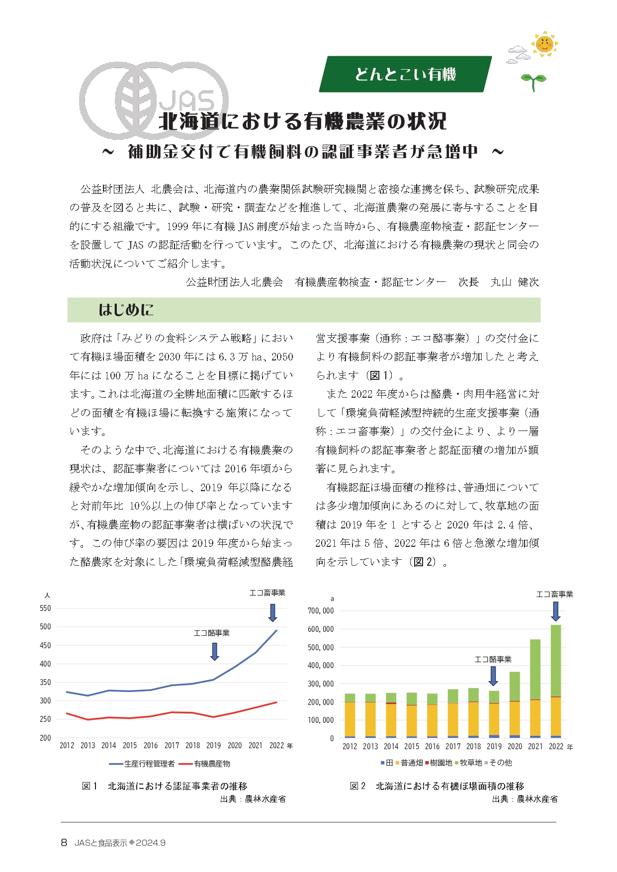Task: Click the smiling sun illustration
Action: coord(544,44)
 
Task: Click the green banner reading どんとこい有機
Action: coord(405,74)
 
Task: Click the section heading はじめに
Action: coord(126,310)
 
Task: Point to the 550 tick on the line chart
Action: coord(45,608)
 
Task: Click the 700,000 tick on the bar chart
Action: coord(321,610)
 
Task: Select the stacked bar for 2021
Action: coord(535,689)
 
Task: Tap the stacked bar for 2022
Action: coord(556,681)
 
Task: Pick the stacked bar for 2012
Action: coord(350,716)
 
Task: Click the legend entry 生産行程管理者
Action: coord(143,764)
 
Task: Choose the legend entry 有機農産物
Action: coord(206,764)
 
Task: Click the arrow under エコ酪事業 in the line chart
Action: coord(214,651)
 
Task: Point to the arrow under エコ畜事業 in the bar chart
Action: coord(556,611)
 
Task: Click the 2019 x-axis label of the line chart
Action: coord(213,745)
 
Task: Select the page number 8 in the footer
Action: coord(64,842)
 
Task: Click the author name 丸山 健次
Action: coord(514,282)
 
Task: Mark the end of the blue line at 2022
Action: coord(276,630)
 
